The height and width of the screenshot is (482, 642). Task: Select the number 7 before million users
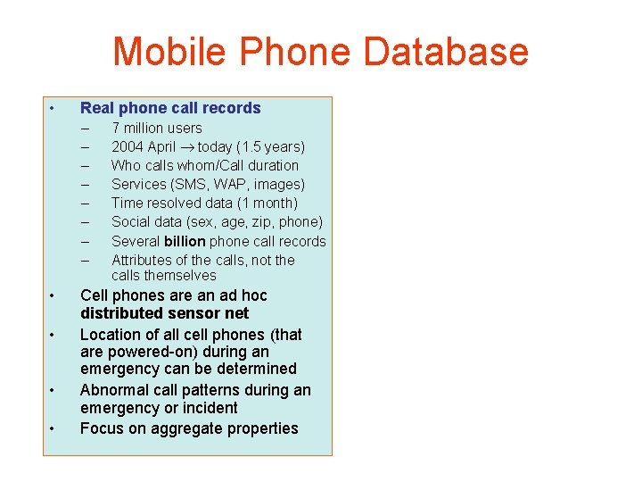(x=116, y=129)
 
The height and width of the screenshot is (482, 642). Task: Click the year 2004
(x=128, y=147)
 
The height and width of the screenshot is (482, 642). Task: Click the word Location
(x=111, y=335)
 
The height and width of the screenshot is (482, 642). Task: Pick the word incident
(x=208, y=408)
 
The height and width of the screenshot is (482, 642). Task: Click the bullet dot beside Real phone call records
(x=53, y=109)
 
